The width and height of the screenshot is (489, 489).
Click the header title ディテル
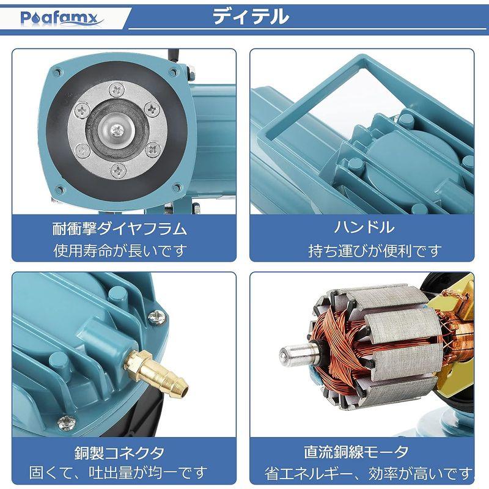point(251,17)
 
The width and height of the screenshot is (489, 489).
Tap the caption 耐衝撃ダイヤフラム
point(119,229)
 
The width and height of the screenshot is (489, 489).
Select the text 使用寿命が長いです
point(119,251)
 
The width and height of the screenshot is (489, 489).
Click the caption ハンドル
point(364,229)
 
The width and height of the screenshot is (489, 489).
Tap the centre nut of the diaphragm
point(119,130)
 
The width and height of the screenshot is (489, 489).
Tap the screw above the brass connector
point(158,315)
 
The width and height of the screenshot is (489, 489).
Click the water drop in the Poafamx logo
point(35,18)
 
